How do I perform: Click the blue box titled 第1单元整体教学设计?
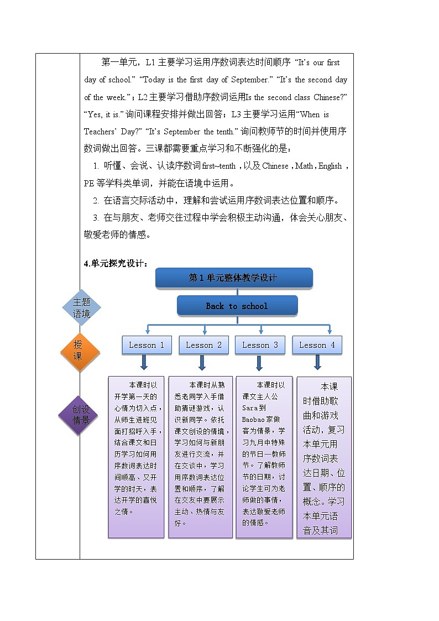click(233, 278)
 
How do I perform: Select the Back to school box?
click(237, 306)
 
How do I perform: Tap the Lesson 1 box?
click(147, 345)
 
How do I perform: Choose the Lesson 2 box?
click(203, 345)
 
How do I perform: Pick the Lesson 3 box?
click(260, 345)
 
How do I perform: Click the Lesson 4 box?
click(317, 345)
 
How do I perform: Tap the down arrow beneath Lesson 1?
click(144, 363)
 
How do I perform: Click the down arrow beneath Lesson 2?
click(202, 363)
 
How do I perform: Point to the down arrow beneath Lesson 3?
click(259, 363)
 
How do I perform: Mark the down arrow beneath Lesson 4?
click(318, 363)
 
